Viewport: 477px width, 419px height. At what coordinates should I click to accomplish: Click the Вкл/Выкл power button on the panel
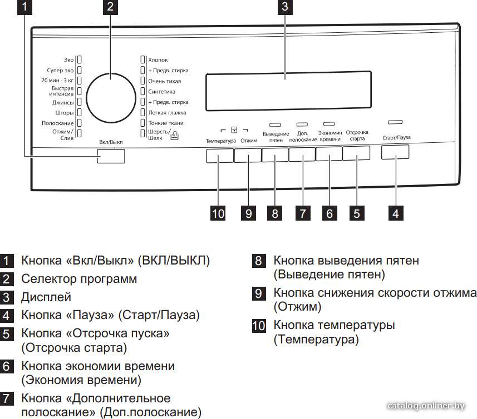coord(111,156)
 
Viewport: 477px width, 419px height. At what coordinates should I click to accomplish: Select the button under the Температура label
coord(220,156)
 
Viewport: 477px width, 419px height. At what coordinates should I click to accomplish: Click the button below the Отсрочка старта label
coord(356,153)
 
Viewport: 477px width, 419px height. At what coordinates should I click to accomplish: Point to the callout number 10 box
coord(218,213)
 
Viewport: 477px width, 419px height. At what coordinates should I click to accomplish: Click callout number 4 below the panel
coord(396,213)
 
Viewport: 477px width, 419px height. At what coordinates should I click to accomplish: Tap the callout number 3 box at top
coord(285,7)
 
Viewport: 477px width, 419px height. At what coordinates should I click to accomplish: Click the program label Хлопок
coord(158,60)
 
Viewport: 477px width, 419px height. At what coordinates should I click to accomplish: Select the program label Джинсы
coord(63,102)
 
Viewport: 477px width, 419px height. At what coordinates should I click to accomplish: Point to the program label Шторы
coord(65,113)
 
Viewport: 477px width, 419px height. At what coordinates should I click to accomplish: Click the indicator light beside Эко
coord(80,59)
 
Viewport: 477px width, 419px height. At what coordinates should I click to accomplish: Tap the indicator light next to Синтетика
coord(142,91)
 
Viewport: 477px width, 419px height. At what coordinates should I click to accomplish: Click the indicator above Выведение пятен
coord(275,125)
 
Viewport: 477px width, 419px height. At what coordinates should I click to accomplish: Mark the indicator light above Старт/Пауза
coord(395,122)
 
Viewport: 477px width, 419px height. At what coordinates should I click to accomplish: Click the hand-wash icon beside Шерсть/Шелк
coord(174,136)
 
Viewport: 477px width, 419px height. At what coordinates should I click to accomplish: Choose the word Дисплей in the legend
coord(46,297)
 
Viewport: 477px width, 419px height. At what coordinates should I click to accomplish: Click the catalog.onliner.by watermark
coord(426,406)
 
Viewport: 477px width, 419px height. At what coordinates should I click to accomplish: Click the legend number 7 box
coord(6,398)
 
